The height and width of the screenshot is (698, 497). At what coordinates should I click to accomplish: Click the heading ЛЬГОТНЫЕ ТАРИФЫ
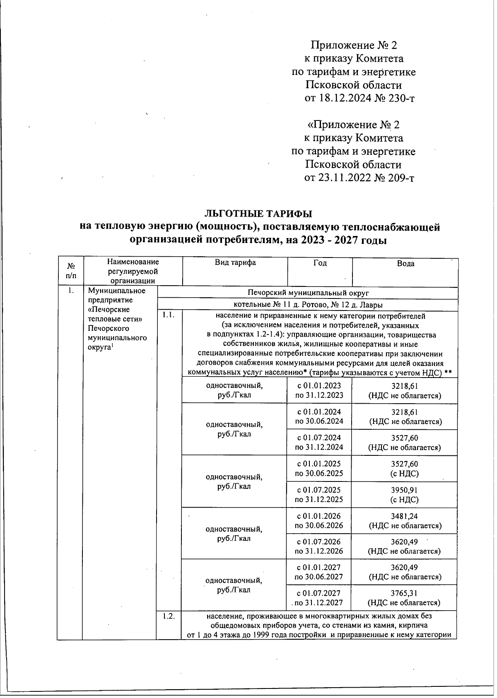pos(258,214)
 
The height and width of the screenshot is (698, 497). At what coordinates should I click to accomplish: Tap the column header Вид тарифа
pos(235,263)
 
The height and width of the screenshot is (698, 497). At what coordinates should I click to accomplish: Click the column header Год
pos(320,263)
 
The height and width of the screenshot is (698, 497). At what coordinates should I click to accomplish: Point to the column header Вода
pos(405,264)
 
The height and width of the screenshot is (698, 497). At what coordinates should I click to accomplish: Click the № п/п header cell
pos(71,271)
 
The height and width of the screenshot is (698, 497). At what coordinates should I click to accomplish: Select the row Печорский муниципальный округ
pos(308,293)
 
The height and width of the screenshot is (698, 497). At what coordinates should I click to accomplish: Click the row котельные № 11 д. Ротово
pos(308,305)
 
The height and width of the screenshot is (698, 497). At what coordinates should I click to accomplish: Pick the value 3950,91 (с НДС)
pos(405,495)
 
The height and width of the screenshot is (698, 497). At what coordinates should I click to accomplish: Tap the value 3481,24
pos(405,516)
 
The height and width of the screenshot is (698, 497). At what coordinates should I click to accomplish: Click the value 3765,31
pos(405,593)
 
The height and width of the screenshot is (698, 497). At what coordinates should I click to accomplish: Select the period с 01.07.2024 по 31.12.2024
pos(319,443)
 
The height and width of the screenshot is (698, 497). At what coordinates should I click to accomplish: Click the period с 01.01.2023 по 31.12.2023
pos(319,390)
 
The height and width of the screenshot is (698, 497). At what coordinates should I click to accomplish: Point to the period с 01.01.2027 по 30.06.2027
pos(319,572)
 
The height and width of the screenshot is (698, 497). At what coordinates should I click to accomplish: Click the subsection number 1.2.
pos(168,616)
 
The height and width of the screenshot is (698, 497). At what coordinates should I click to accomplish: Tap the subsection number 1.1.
pos(168,315)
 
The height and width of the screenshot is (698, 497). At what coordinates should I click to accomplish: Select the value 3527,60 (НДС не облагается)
pos(405,443)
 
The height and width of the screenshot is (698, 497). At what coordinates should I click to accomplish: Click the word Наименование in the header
pos(133,262)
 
